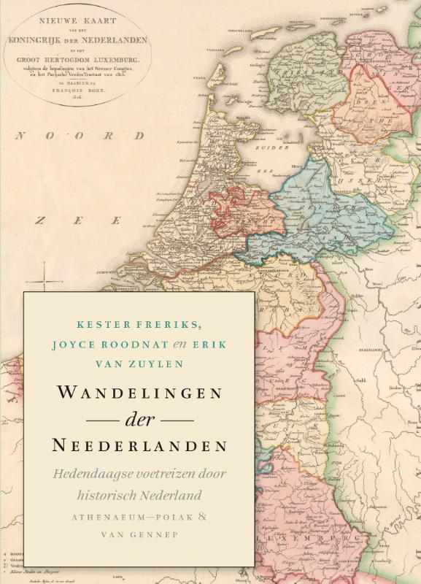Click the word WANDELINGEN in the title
[x=139, y=391]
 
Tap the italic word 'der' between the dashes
[x=138, y=420]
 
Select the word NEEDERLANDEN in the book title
[x=139, y=445]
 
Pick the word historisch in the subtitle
[x=107, y=494]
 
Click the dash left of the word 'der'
[x=102, y=420]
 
